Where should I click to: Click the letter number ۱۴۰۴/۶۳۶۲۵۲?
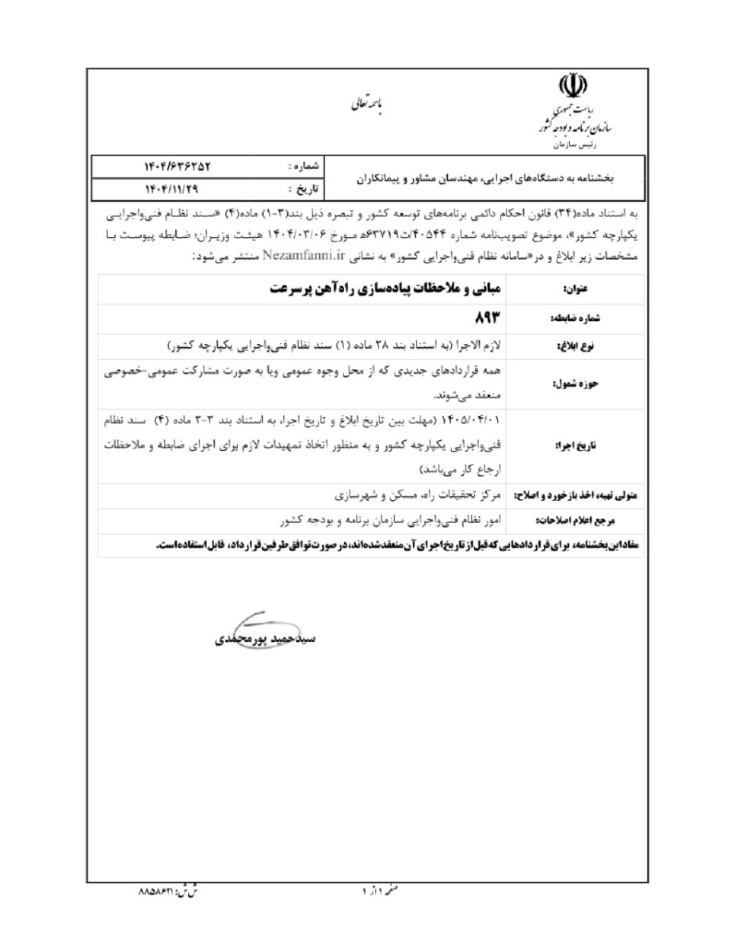179,166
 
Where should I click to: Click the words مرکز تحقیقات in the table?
472,496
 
